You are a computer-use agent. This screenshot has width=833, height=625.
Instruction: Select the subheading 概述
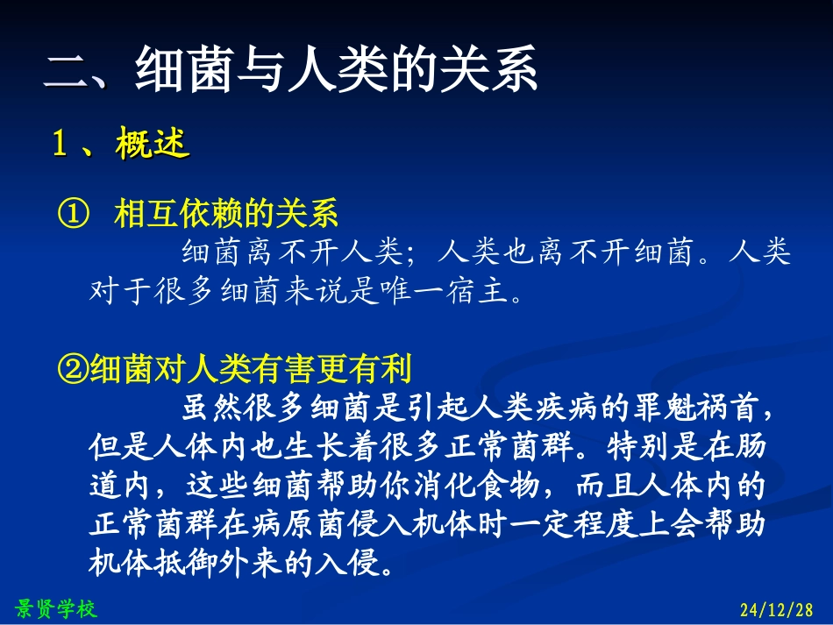pyautogui.click(x=153, y=144)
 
